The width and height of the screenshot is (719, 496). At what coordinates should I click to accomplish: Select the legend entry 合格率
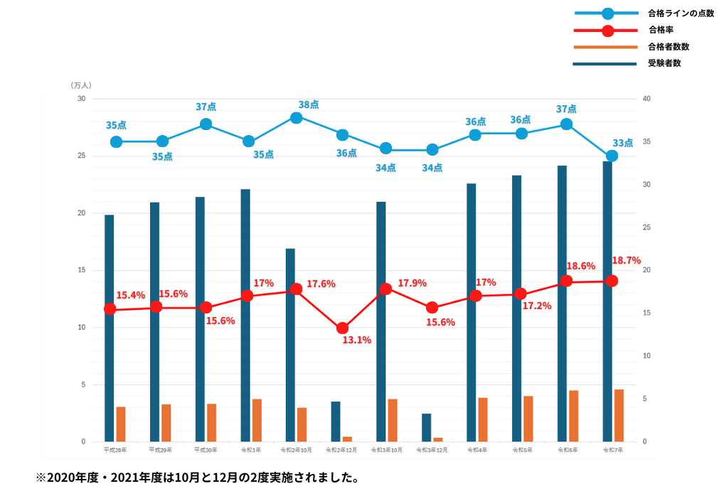660,30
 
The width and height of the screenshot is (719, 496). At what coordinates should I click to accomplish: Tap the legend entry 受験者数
664,63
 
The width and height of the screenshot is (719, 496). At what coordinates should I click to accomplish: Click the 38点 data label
309,104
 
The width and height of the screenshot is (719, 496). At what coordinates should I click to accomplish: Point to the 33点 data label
623,142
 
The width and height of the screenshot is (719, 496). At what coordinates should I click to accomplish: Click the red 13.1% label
356,340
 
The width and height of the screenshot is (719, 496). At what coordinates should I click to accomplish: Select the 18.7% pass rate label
626,260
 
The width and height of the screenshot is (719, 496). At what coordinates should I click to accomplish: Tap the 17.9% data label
412,283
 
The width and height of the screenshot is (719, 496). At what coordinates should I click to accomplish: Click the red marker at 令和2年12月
343,328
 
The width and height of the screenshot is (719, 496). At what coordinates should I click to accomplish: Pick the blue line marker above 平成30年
206,124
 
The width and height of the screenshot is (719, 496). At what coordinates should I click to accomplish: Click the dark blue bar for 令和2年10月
290,345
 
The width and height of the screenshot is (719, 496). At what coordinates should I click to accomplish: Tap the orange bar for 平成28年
121,424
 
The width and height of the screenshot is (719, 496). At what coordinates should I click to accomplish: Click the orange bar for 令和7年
619,415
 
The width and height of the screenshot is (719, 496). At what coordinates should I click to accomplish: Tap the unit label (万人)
82,85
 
